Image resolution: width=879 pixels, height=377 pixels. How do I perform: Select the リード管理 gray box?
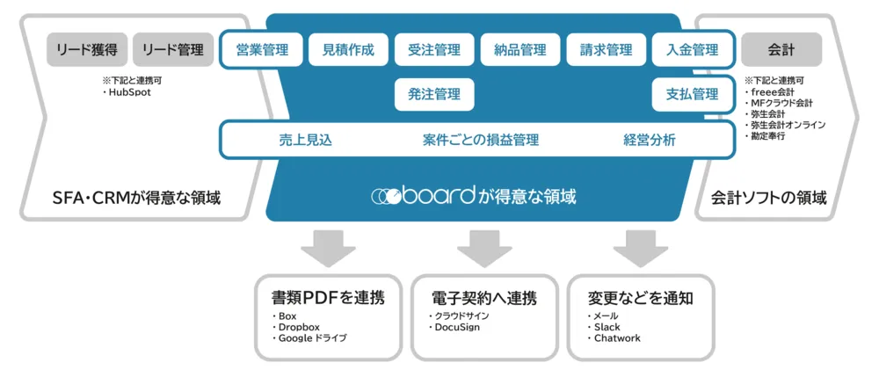(x=173, y=50)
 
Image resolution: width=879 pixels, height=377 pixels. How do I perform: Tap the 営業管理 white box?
(x=261, y=50)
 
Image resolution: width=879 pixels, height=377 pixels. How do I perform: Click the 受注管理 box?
(x=434, y=50)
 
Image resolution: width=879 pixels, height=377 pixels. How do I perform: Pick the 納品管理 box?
(x=520, y=50)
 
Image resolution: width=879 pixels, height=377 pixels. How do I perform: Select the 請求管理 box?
(x=606, y=50)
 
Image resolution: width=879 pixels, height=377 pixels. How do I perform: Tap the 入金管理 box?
(x=692, y=50)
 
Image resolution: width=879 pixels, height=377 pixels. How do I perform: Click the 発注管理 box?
(x=434, y=94)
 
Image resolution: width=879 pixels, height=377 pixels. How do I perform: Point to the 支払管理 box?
(x=692, y=94)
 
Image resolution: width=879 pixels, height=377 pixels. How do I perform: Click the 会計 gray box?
(x=781, y=50)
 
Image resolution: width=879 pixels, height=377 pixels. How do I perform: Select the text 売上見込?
(x=304, y=140)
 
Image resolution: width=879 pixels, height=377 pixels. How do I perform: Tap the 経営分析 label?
(x=650, y=140)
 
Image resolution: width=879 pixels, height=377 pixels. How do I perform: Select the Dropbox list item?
(x=298, y=327)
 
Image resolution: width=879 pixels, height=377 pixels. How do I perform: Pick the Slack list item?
(x=607, y=327)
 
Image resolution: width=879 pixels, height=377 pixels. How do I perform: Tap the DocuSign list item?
(x=457, y=327)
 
